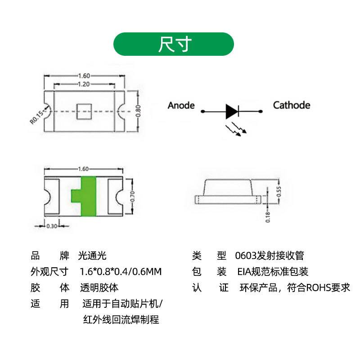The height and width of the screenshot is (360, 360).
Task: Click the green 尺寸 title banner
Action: (x=174, y=44)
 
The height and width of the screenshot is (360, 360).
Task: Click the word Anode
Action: (x=181, y=105)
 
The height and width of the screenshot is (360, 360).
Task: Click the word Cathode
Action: (x=292, y=105)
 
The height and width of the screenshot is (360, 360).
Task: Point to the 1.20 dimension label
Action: (x=83, y=84)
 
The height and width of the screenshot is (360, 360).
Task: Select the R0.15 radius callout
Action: (x=36, y=115)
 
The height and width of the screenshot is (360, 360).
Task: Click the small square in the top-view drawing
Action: (x=83, y=111)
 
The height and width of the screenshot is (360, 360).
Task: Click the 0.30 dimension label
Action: (x=52, y=226)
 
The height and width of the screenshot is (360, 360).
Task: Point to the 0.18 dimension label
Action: (x=268, y=216)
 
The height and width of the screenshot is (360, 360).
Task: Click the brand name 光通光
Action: (x=92, y=256)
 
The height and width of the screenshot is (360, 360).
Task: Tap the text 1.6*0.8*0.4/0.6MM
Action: (x=120, y=272)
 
